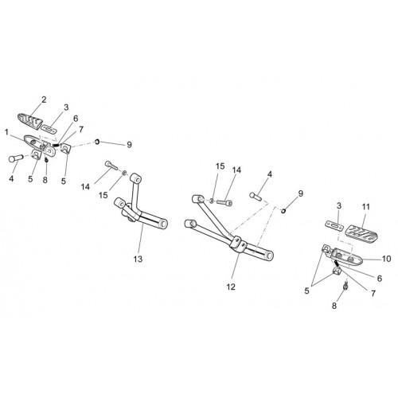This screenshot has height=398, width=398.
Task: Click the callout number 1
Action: coord(7,132)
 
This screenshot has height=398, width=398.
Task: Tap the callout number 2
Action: coord(44,99)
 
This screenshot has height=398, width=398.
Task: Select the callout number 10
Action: coord(386,259)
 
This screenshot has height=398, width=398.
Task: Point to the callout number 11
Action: coord(366,207)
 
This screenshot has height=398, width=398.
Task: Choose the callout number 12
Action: coord(231,287)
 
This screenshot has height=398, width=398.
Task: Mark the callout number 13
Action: coord(138,259)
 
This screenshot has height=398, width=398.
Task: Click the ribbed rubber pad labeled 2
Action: coord(30,120)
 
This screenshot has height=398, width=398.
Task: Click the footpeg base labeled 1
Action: coord(40,145)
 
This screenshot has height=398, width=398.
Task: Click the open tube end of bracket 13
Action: coord(163,224)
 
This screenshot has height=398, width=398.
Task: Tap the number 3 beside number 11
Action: coord(338,205)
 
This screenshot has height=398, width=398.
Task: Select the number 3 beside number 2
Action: coord(66,107)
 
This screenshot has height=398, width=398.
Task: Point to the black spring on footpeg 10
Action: coord(337,263)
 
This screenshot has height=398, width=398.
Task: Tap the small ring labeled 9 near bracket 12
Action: coord(283,211)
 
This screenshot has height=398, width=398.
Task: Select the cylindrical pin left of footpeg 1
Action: coord(16,158)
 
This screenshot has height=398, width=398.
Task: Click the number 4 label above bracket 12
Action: coord(270,174)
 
